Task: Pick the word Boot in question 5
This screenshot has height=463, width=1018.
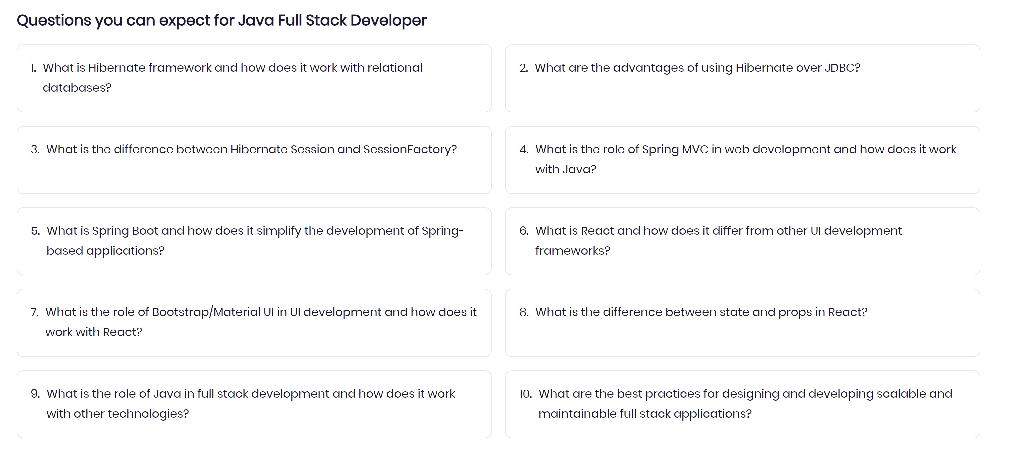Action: pyautogui.click(x=145, y=231)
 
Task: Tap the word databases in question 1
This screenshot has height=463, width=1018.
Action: pyautogui.click(x=77, y=88)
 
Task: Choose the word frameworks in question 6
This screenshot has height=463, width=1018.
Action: pyautogui.click(x=573, y=251)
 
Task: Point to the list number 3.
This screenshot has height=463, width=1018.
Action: pyautogui.click(x=35, y=150)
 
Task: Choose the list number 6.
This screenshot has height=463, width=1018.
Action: pyautogui.click(x=524, y=231)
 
